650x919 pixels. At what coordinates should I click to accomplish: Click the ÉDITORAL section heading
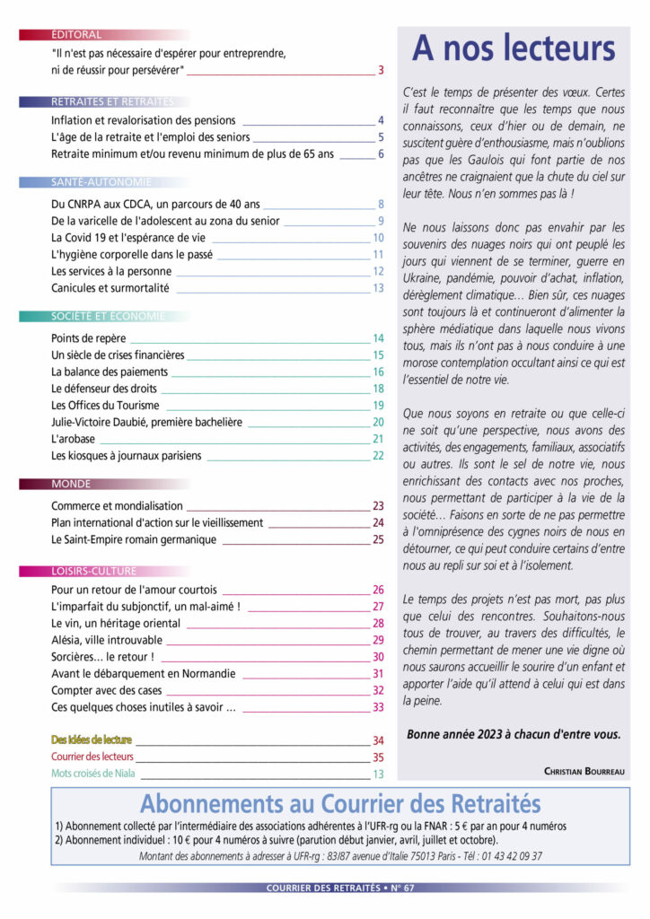76,35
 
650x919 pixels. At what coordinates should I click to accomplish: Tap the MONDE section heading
71,484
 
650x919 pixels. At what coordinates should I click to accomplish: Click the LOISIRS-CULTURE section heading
94,571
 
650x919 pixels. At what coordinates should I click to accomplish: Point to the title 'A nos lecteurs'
514,48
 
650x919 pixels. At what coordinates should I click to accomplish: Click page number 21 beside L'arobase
378,439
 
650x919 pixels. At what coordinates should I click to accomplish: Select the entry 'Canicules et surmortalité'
110,288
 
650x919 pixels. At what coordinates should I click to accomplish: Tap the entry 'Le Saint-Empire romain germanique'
134,539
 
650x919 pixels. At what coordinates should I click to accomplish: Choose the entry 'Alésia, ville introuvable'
107,640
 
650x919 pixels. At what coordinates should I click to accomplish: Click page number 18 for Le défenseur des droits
378,389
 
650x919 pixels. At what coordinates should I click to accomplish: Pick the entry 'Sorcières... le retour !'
103,657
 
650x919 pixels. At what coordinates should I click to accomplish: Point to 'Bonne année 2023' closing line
513,733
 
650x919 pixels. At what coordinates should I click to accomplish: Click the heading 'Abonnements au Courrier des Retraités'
340,801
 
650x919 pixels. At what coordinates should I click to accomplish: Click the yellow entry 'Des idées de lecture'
92,740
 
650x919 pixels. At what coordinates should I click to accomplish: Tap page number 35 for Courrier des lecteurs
378,757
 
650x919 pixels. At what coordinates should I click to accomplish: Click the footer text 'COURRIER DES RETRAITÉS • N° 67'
340,888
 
